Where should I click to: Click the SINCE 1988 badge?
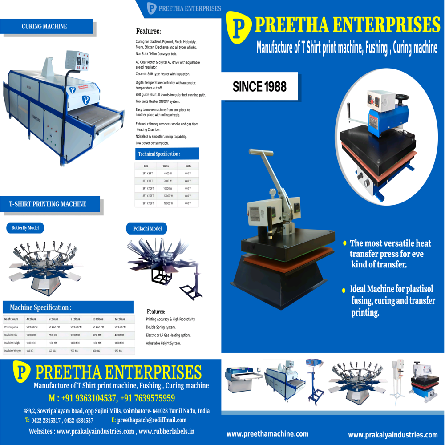click(x=259, y=86)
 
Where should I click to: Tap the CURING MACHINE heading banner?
click(x=44, y=27)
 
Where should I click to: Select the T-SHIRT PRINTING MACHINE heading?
click(x=48, y=204)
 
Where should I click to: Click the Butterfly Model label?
click(x=25, y=228)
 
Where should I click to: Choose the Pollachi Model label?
click(x=147, y=229)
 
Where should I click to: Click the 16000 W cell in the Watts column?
click(x=167, y=203)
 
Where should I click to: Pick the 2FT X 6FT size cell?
click(x=147, y=174)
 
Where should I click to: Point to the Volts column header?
click(x=188, y=166)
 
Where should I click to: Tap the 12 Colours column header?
click(x=120, y=319)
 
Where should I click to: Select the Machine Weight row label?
click(x=12, y=351)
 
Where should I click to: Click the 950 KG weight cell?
click(x=119, y=351)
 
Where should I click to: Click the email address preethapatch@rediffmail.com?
click(x=152, y=420)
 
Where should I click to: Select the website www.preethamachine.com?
click(x=267, y=434)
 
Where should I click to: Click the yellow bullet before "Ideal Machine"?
click(x=344, y=290)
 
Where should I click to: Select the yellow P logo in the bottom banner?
click(x=21, y=372)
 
